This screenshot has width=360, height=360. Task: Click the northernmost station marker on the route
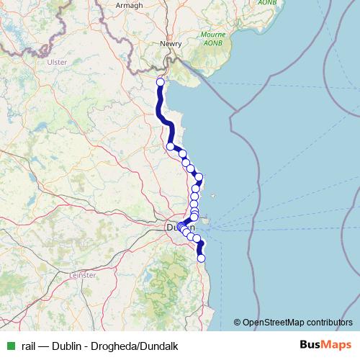pyautogui.click(x=160, y=82)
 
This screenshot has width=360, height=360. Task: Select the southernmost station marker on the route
pyautogui.click(x=201, y=258)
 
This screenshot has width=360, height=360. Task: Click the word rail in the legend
pyautogui.click(x=30, y=346)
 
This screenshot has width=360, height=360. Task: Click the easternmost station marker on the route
pyautogui.click(x=199, y=177)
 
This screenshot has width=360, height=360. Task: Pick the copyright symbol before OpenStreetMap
pyautogui.click(x=238, y=322)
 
